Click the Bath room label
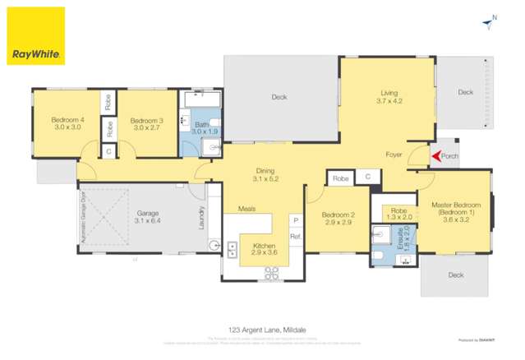coord(204,128)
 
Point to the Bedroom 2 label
coord(338,218)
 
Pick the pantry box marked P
coord(295,220)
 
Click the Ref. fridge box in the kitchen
coord(295,237)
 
